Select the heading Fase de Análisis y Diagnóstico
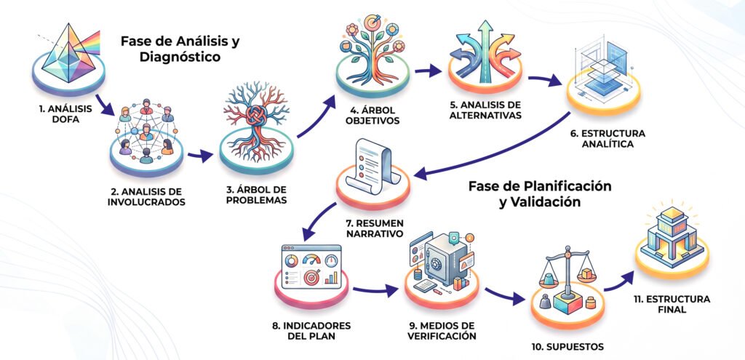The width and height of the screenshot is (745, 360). tap(180, 49)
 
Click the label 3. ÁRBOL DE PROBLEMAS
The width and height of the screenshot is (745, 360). tap(256, 196)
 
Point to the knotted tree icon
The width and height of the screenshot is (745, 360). tap(256, 116)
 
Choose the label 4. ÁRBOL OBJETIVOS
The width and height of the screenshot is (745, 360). tap(372, 115)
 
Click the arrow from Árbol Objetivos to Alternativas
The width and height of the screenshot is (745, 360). tap(428, 71)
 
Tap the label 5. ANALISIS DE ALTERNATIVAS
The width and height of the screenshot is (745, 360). tap(485, 111)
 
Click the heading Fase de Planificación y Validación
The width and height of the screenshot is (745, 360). tap(540, 193)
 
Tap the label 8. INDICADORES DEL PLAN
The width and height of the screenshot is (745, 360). tap(311, 331)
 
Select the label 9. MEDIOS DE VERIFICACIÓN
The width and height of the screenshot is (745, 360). tap(442, 331)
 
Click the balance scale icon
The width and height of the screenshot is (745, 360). tap(566, 280)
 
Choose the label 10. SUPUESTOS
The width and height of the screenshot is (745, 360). tap(567, 347)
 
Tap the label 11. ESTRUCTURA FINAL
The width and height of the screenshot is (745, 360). tap(672, 305)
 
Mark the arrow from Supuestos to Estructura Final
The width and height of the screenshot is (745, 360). tap(618, 281)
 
